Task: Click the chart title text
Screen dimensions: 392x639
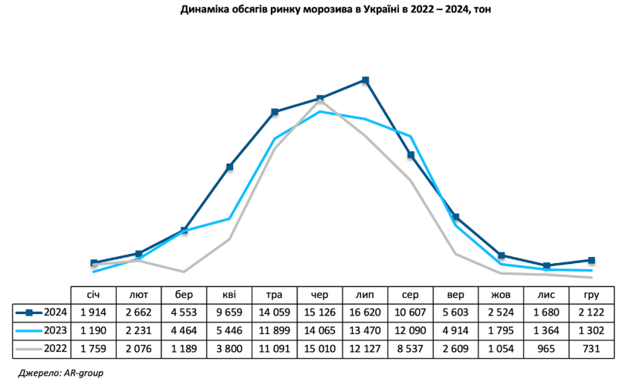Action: coord(319,10)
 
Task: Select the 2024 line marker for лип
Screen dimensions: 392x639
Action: coord(366,80)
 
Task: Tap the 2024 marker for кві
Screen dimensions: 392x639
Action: coord(230,167)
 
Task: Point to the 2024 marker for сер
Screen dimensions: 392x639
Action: coord(411,155)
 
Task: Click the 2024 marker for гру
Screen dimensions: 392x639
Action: coord(592,260)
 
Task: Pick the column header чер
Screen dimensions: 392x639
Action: coord(319,295)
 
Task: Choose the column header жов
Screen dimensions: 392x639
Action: coord(501,295)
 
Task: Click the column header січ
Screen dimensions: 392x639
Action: coord(93,295)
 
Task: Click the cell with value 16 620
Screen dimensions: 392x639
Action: coord(365,313)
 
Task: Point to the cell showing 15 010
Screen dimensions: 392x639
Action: coord(319,348)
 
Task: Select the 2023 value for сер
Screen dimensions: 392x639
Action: coord(411,330)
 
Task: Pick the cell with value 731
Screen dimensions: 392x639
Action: coord(592,348)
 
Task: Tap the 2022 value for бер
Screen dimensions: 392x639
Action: coord(184,348)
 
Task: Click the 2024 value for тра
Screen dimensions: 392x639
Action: coord(275,313)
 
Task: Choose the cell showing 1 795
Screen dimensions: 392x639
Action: coord(501,330)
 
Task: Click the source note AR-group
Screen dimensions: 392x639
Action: coord(60,373)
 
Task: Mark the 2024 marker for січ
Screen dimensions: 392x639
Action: coord(94,263)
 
